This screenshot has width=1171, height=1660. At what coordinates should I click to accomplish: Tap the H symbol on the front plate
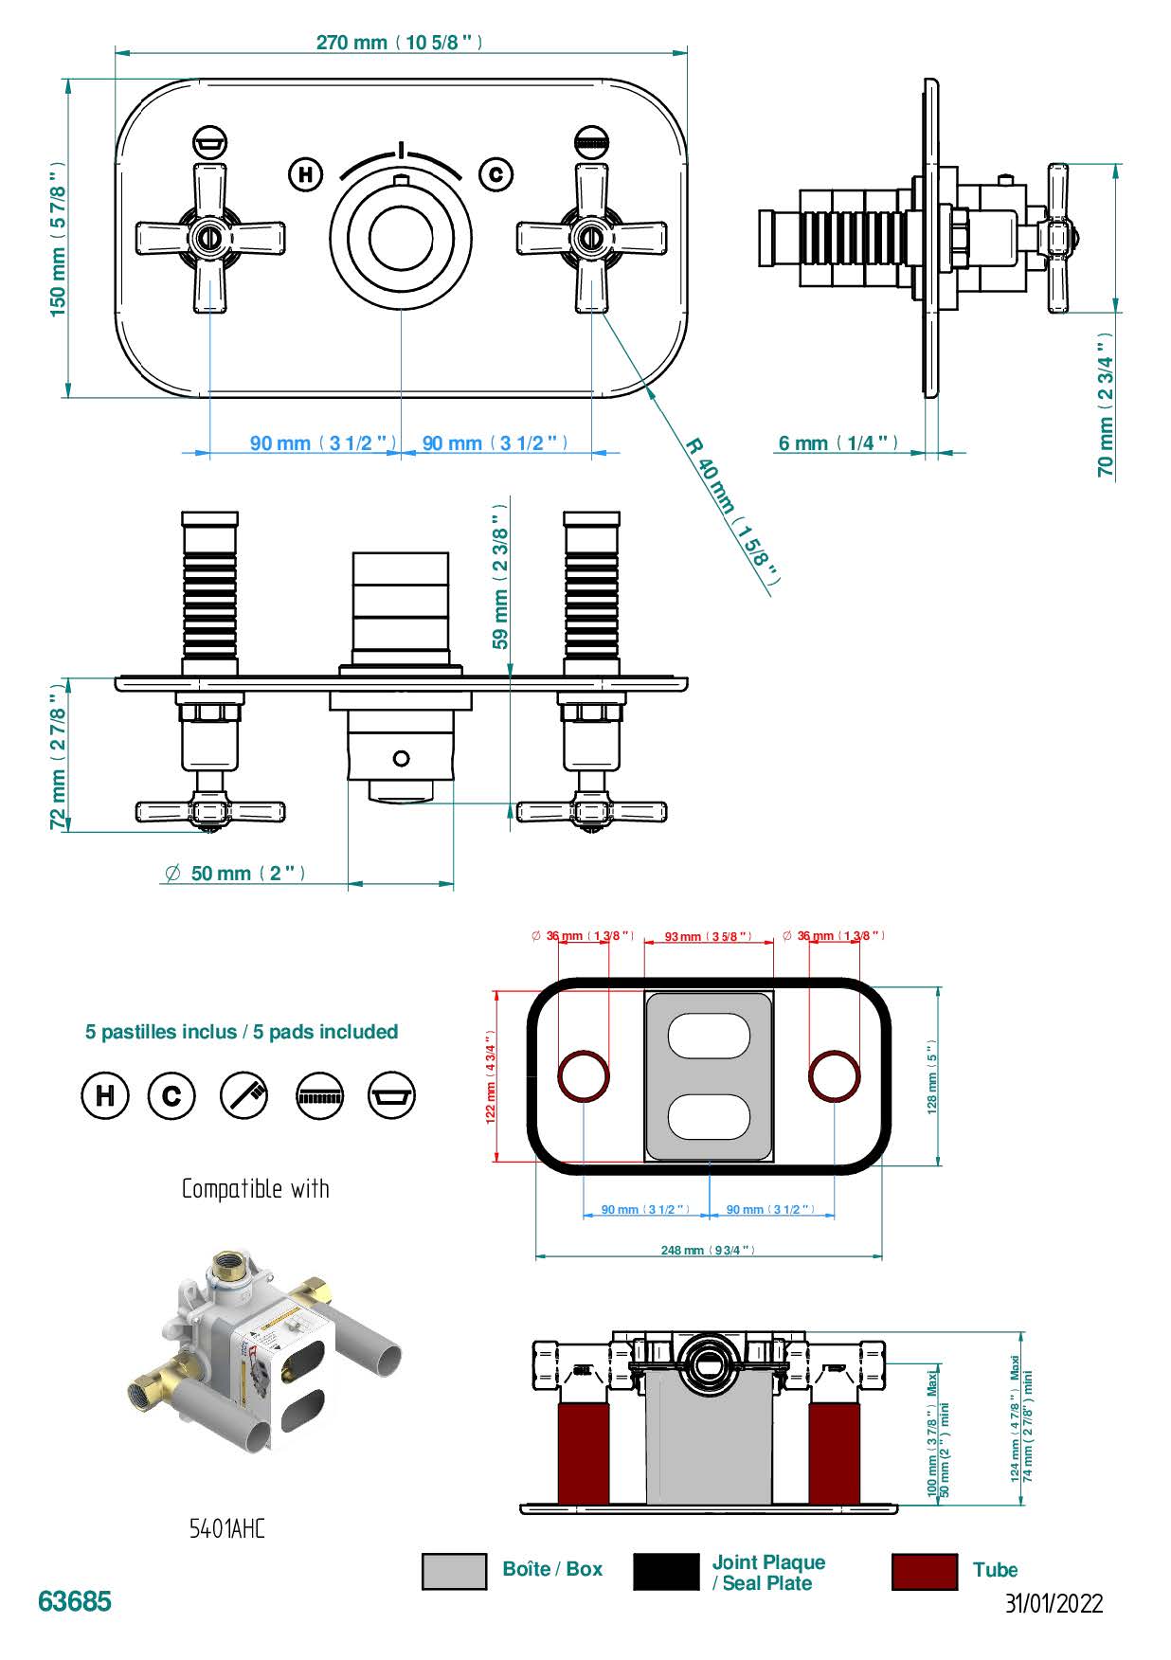(x=305, y=174)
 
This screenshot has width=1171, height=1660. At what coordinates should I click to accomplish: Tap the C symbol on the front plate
(x=495, y=174)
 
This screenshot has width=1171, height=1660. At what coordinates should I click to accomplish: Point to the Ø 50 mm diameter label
(x=235, y=874)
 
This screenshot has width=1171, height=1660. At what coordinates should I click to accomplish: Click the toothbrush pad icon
(x=244, y=1095)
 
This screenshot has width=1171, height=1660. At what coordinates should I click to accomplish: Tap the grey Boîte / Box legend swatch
(x=454, y=1571)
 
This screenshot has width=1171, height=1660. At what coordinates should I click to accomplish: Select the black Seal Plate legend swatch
(x=665, y=1571)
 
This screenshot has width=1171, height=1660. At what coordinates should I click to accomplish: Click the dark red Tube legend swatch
(x=924, y=1571)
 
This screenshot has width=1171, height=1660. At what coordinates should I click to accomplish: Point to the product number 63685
(x=75, y=1601)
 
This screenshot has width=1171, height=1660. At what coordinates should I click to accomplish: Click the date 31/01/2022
(x=1054, y=1603)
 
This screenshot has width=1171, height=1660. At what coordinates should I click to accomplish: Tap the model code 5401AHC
(x=227, y=1528)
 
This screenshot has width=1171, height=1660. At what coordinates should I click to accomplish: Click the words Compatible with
(x=256, y=1188)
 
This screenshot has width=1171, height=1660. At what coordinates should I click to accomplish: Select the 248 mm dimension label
(x=708, y=1251)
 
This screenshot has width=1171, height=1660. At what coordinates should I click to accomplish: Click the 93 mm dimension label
(x=708, y=936)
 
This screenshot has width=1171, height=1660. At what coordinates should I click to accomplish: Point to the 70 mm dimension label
(x=1106, y=405)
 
